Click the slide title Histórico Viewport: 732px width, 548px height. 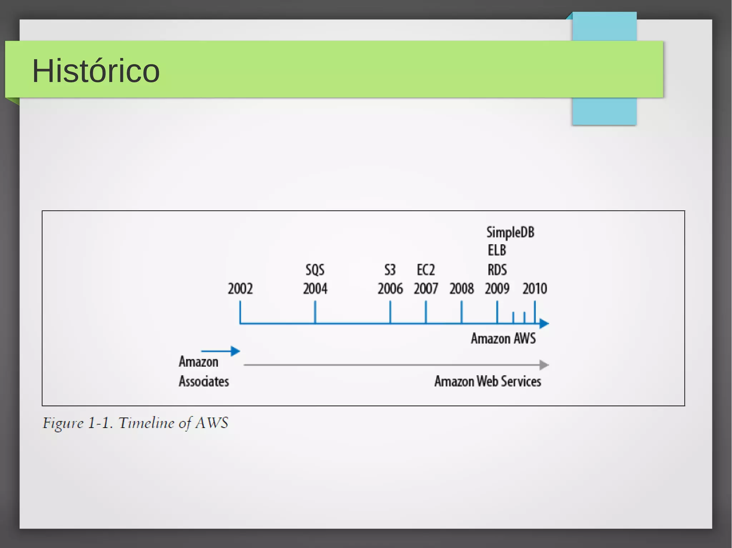[96, 71]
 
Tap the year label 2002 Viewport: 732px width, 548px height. [240, 288]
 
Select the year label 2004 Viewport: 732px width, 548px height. [315, 288]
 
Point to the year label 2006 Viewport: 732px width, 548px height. [390, 288]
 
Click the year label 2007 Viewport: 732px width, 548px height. [426, 288]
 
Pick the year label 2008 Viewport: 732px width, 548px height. [461, 288]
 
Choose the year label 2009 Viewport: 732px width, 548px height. [497, 288]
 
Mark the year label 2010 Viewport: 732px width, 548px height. [535, 288]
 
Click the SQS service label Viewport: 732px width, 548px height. [315, 270]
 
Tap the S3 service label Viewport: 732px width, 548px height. [390, 270]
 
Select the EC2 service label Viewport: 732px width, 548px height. [426, 270]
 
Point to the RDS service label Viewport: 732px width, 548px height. [497, 270]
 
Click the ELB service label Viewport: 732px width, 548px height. [497, 250]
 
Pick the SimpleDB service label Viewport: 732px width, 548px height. [510, 232]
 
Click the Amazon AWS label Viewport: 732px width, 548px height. [503, 338]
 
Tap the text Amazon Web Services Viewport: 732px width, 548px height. [488, 381]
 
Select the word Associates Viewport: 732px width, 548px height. [204, 381]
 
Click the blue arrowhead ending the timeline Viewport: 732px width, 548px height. [544, 323]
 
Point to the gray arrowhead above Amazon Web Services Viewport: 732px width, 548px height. [544, 365]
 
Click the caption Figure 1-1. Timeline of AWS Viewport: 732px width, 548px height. [135, 423]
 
